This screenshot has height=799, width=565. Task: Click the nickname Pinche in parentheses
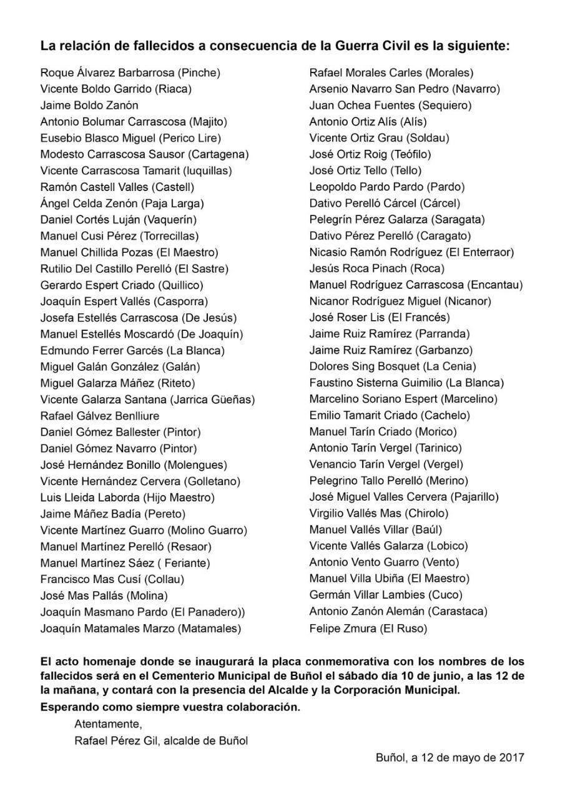[199, 73]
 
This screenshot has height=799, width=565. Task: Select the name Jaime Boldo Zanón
[89, 105]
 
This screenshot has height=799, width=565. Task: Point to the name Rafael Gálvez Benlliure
[100, 416]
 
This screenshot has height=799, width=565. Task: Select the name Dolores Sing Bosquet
[364, 366]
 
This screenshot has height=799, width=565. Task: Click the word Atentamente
[108, 725]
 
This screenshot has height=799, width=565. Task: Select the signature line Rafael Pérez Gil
[116, 741]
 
